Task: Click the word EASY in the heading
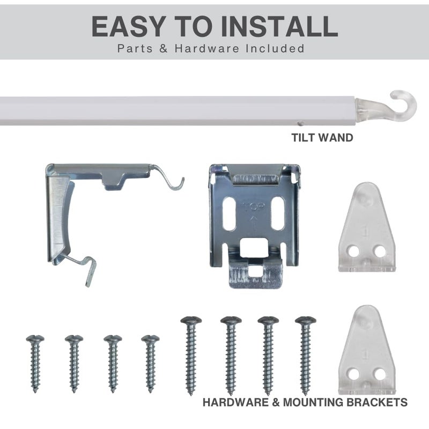128,26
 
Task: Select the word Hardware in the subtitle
207,48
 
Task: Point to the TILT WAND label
322,138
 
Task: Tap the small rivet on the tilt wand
300,124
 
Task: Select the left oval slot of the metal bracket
230,213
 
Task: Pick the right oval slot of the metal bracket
278,213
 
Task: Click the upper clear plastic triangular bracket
367,227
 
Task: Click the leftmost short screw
35,364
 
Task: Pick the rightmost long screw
305,356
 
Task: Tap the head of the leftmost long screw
191,320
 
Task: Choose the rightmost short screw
150,364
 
